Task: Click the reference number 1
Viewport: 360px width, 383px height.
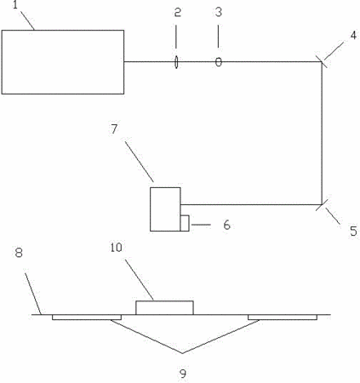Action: tap(16, 5)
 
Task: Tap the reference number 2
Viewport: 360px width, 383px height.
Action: tap(178, 12)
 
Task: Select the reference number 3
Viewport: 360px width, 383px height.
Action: tap(219, 12)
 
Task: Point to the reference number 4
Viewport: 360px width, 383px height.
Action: tap(353, 35)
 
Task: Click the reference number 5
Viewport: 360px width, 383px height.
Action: tap(353, 231)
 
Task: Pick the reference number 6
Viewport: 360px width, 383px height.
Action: tap(226, 225)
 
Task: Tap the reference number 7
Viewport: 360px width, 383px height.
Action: tap(114, 129)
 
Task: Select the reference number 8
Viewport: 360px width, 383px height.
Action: tap(19, 252)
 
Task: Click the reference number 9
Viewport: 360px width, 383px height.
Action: tap(183, 374)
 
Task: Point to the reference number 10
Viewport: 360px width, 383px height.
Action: tap(116, 248)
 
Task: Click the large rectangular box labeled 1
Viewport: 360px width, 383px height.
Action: tap(63, 62)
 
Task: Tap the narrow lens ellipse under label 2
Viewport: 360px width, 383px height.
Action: tap(176, 62)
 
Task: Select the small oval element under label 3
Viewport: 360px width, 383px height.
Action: tap(219, 62)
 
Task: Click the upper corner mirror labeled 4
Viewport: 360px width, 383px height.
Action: tap(322, 61)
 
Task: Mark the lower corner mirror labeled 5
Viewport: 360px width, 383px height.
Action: tap(323, 203)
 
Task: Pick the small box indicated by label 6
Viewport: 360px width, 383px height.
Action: tap(185, 223)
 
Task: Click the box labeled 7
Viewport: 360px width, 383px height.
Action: tap(165, 209)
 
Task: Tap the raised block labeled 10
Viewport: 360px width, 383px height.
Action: tap(164, 308)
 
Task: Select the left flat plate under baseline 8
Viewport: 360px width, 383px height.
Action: tap(87, 317)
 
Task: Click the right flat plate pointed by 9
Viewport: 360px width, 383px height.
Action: tap(283, 317)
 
